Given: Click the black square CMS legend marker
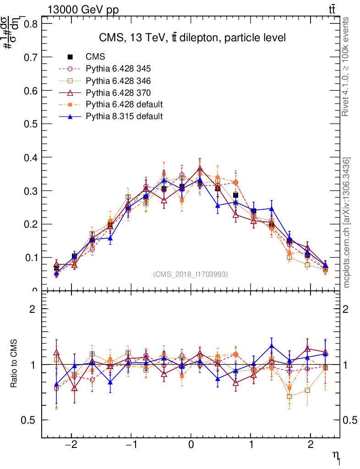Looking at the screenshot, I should point(70,57).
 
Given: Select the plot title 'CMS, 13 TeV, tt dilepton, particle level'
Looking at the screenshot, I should point(192,38).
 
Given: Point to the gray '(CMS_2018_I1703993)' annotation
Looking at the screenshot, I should point(191,274).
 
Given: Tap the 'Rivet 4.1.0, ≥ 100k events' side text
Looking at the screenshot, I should point(347,67).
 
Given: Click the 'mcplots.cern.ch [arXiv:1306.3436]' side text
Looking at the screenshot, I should point(347,223).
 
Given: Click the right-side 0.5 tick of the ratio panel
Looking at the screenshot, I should point(350,420).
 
